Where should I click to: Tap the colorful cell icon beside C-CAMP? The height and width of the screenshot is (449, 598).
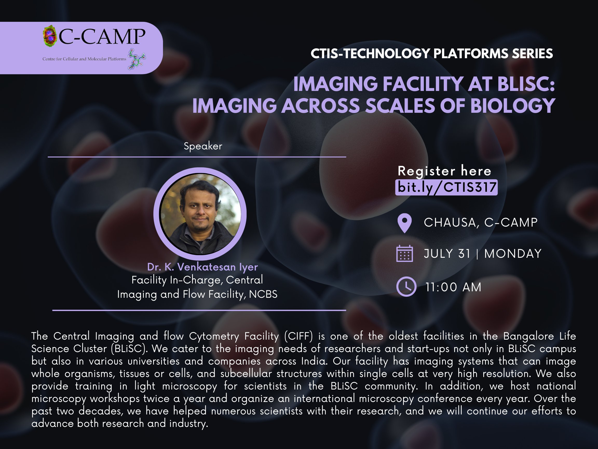50,36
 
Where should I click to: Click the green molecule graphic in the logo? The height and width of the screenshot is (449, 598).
137,59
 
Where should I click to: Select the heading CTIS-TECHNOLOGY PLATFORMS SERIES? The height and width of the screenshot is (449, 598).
432,54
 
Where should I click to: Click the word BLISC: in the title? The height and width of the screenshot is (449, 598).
526,84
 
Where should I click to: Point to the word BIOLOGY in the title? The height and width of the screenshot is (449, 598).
513,105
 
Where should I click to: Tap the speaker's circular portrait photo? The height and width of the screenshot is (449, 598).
200,214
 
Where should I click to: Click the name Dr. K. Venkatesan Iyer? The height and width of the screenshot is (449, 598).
202,267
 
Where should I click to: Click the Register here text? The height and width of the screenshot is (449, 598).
444,171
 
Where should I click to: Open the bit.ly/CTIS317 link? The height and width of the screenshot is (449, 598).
446,187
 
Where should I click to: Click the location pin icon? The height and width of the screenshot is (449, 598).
405,223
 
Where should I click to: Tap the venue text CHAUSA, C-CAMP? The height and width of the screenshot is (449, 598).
481,222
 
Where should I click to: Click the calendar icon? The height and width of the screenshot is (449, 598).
404,254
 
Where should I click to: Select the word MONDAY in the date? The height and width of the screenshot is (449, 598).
513,254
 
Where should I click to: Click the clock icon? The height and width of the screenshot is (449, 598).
406,287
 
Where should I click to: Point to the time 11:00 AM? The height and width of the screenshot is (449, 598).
453,287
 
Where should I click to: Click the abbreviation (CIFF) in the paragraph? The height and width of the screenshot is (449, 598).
298,336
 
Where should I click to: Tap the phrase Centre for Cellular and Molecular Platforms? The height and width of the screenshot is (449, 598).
84,59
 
